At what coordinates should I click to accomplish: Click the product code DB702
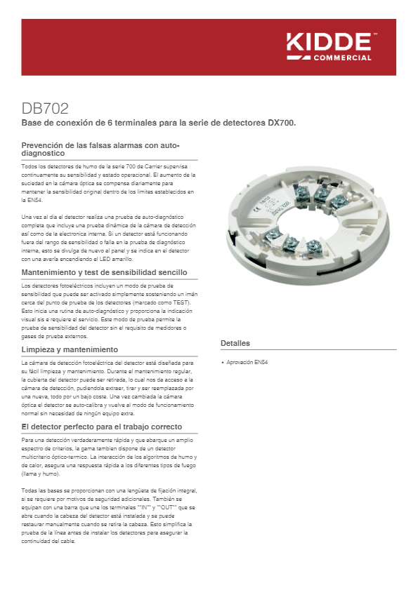tap(45, 109)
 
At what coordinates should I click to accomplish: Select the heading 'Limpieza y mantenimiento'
tap(70, 349)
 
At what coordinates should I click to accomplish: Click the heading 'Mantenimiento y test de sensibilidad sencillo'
tap(105, 271)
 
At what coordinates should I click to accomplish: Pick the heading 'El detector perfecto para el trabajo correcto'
tap(102, 427)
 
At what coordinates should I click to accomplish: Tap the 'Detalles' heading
tap(235, 343)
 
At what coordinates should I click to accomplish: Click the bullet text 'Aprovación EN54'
tap(248, 363)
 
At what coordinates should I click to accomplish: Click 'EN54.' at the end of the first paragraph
tap(30, 199)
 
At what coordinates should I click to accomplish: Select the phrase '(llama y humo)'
tap(41, 473)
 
